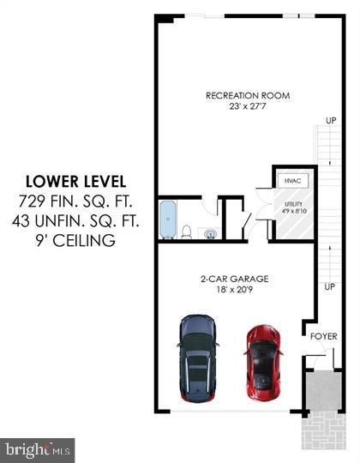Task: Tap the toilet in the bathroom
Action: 186,230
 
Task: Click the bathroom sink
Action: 208,231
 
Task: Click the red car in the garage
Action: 261,362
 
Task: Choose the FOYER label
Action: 323,336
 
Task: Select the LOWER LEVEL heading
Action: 75,182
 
